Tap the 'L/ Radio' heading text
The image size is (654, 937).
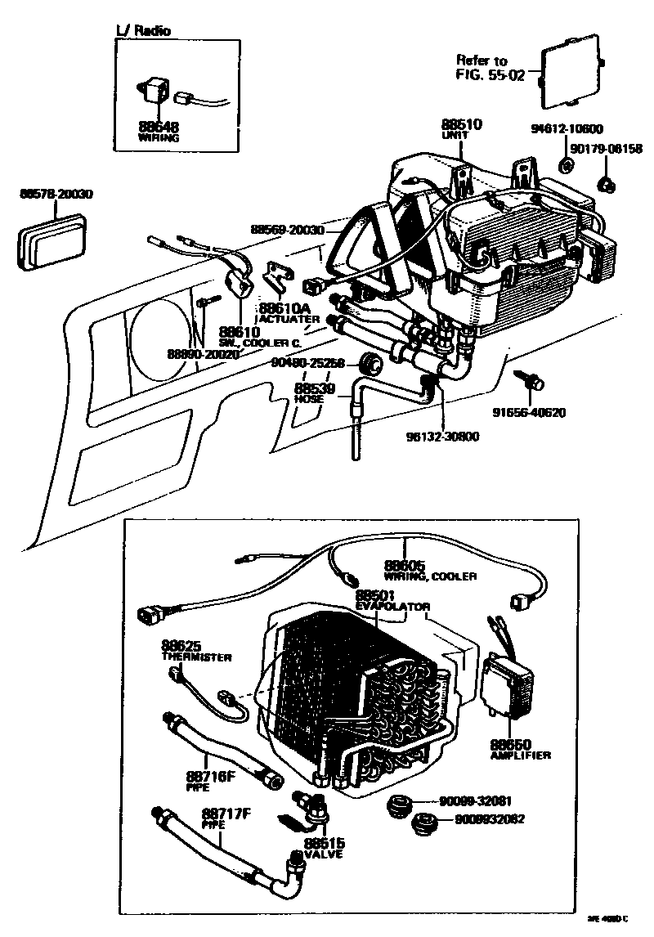pos(145,31)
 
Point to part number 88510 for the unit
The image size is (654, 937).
pos(463,124)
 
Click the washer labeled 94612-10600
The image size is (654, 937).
pos(564,167)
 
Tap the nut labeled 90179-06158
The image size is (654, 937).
pos(607,184)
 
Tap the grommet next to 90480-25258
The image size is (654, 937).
pos(374,362)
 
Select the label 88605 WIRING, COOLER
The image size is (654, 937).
pos(428,570)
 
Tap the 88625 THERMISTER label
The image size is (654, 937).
pos(195,650)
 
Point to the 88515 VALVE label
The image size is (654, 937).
pos(325,847)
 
